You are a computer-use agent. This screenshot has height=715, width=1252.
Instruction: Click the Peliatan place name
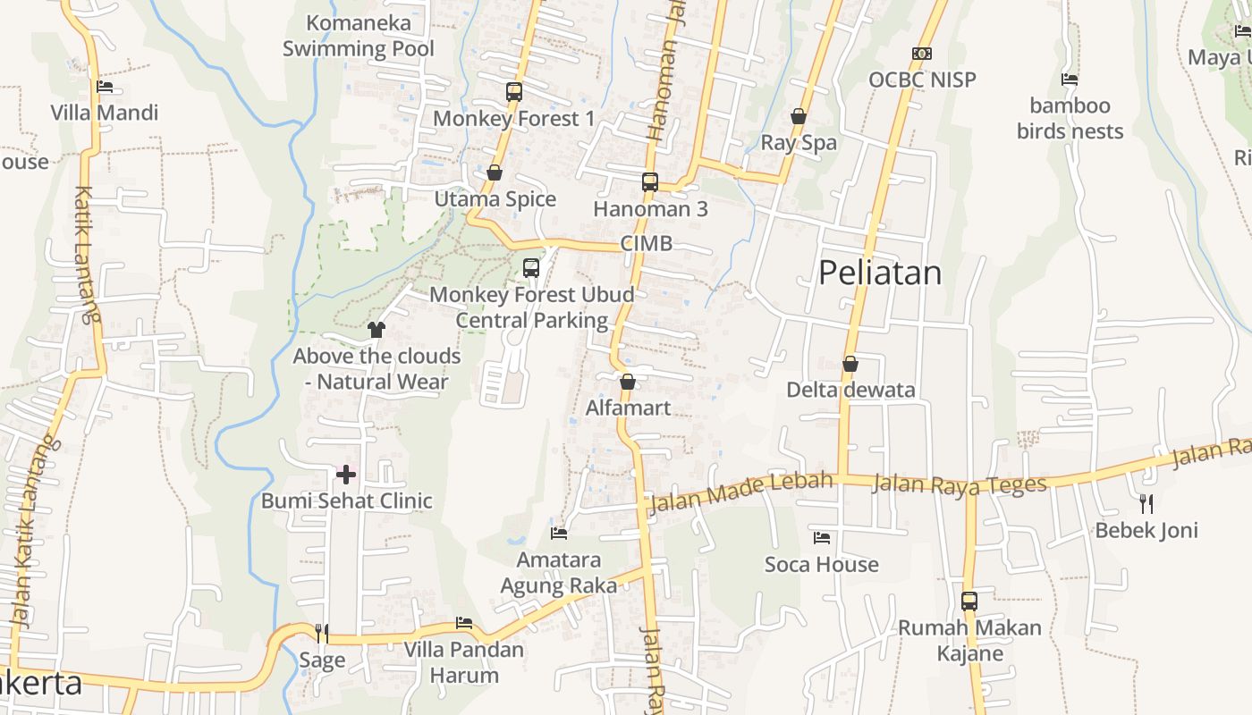(880, 273)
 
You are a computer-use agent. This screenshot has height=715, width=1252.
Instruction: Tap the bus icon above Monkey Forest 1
(513, 91)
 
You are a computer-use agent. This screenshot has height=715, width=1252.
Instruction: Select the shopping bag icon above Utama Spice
(495, 172)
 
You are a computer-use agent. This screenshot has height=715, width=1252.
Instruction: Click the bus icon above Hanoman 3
(650, 182)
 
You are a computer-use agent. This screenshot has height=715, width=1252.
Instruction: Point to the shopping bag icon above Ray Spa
(799, 116)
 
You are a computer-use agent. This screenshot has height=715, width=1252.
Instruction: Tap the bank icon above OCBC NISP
(922, 54)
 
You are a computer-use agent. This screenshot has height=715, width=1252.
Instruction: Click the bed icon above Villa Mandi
(105, 87)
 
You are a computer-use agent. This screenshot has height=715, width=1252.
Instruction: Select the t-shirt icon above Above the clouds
(376, 330)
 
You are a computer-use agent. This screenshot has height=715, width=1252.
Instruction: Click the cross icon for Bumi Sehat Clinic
(346, 474)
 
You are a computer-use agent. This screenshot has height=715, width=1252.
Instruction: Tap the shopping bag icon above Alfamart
(628, 382)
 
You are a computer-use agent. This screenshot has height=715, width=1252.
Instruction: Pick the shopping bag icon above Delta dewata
(850, 364)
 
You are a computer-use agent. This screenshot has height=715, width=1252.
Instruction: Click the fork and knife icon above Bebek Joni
(1146, 504)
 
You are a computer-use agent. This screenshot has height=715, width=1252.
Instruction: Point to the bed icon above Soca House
(822, 538)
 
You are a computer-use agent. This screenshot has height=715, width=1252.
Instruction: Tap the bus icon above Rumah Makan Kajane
(969, 601)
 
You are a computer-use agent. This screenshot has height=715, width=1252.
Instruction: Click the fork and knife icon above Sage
(322, 634)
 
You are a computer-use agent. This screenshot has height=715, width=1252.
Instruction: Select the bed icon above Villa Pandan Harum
(463, 623)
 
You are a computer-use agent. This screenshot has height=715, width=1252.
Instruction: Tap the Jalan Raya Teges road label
(959, 484)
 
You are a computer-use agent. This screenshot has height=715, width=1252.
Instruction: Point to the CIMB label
(646, 244)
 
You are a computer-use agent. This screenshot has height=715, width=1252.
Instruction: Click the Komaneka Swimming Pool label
(359, 36)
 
